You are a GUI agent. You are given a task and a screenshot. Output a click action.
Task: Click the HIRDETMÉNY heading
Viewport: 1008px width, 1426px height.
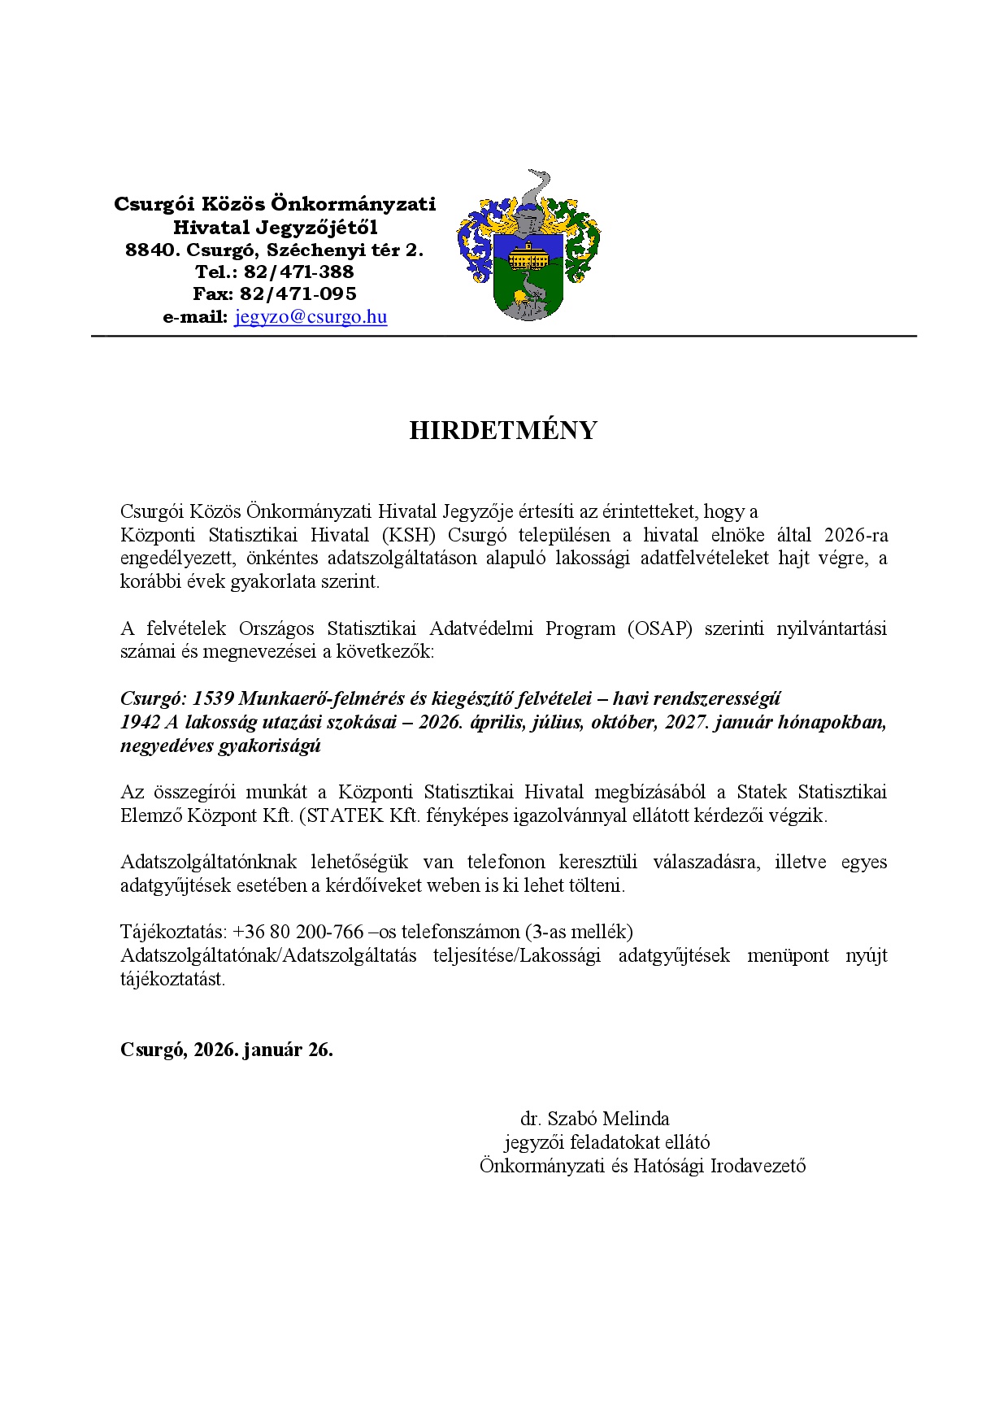tap(503, 431)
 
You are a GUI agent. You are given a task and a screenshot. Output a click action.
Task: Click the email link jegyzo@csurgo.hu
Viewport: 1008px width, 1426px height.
tap(311, 317)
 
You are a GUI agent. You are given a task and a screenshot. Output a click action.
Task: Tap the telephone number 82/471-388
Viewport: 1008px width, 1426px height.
tap(298, 272)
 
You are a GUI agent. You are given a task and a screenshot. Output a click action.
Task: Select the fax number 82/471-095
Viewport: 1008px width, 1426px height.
tap(298, 293)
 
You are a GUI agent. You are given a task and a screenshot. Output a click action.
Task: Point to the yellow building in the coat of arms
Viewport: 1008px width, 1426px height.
tap(528, 257)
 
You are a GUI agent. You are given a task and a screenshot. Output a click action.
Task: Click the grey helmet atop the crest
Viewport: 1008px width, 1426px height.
tap(529, 217)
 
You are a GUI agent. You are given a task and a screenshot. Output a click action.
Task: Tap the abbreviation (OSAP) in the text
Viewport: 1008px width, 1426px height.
tap(660, 628)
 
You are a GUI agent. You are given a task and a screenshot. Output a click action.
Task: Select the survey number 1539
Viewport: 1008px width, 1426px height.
tap(213, 698)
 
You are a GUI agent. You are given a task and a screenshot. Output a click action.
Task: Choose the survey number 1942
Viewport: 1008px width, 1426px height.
tap(140, 722)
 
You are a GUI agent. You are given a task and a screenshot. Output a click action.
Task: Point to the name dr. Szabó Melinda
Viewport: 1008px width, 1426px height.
tap(595, 1119)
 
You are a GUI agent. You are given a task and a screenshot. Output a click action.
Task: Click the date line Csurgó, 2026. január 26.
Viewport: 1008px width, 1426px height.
tap(226, 1050)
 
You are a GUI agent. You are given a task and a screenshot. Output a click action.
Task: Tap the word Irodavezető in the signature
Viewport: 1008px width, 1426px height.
tap(758, 1166)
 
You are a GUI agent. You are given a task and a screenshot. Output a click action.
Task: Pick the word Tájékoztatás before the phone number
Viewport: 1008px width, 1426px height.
tap(172, 932)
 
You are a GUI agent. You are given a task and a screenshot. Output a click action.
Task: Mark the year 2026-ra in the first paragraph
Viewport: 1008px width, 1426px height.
tap(855, 535)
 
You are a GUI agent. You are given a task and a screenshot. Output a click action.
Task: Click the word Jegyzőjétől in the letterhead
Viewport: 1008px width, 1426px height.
tap(316, 228)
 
